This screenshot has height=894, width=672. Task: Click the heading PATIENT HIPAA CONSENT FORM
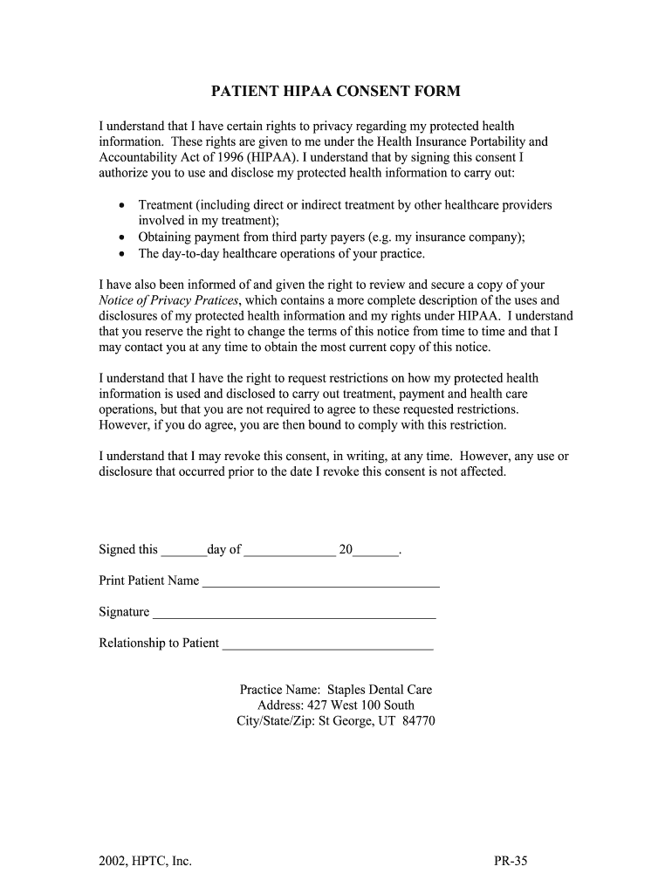pyautogui.click(x=336, y=92)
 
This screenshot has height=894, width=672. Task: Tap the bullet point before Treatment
pyautogui.click(x=121, y=205)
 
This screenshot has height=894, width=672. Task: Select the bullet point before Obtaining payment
pyautogui.click(x=121, y=237)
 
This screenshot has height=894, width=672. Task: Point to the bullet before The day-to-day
pyautogui.click(x=121, y=254)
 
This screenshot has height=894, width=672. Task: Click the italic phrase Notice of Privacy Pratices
pyautogui.click(x=168, y=300)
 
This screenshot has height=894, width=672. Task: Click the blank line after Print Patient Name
pyautogui.click(x=320, y=581)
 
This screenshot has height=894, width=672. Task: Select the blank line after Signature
pyautogui.click(x=294, y=613)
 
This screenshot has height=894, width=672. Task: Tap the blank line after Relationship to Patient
pyautogui.click(x=327, y=644)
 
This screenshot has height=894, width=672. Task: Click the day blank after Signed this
pyautogui.click(x=183, y=551)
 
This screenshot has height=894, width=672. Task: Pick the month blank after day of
pyautogui.click(x=290, y=551)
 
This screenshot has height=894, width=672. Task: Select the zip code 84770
pyautogui.click(x=418, y=721)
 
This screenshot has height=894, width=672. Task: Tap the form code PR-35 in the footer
pyautogui.click(x=511, y=862)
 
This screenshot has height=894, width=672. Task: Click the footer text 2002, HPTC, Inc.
pyautogui.click(x=145, y=862)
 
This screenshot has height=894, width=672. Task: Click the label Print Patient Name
pyautogui.click(x=149, y=581)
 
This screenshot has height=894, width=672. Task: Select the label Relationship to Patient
pyautogui.click(x=159, y=643)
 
